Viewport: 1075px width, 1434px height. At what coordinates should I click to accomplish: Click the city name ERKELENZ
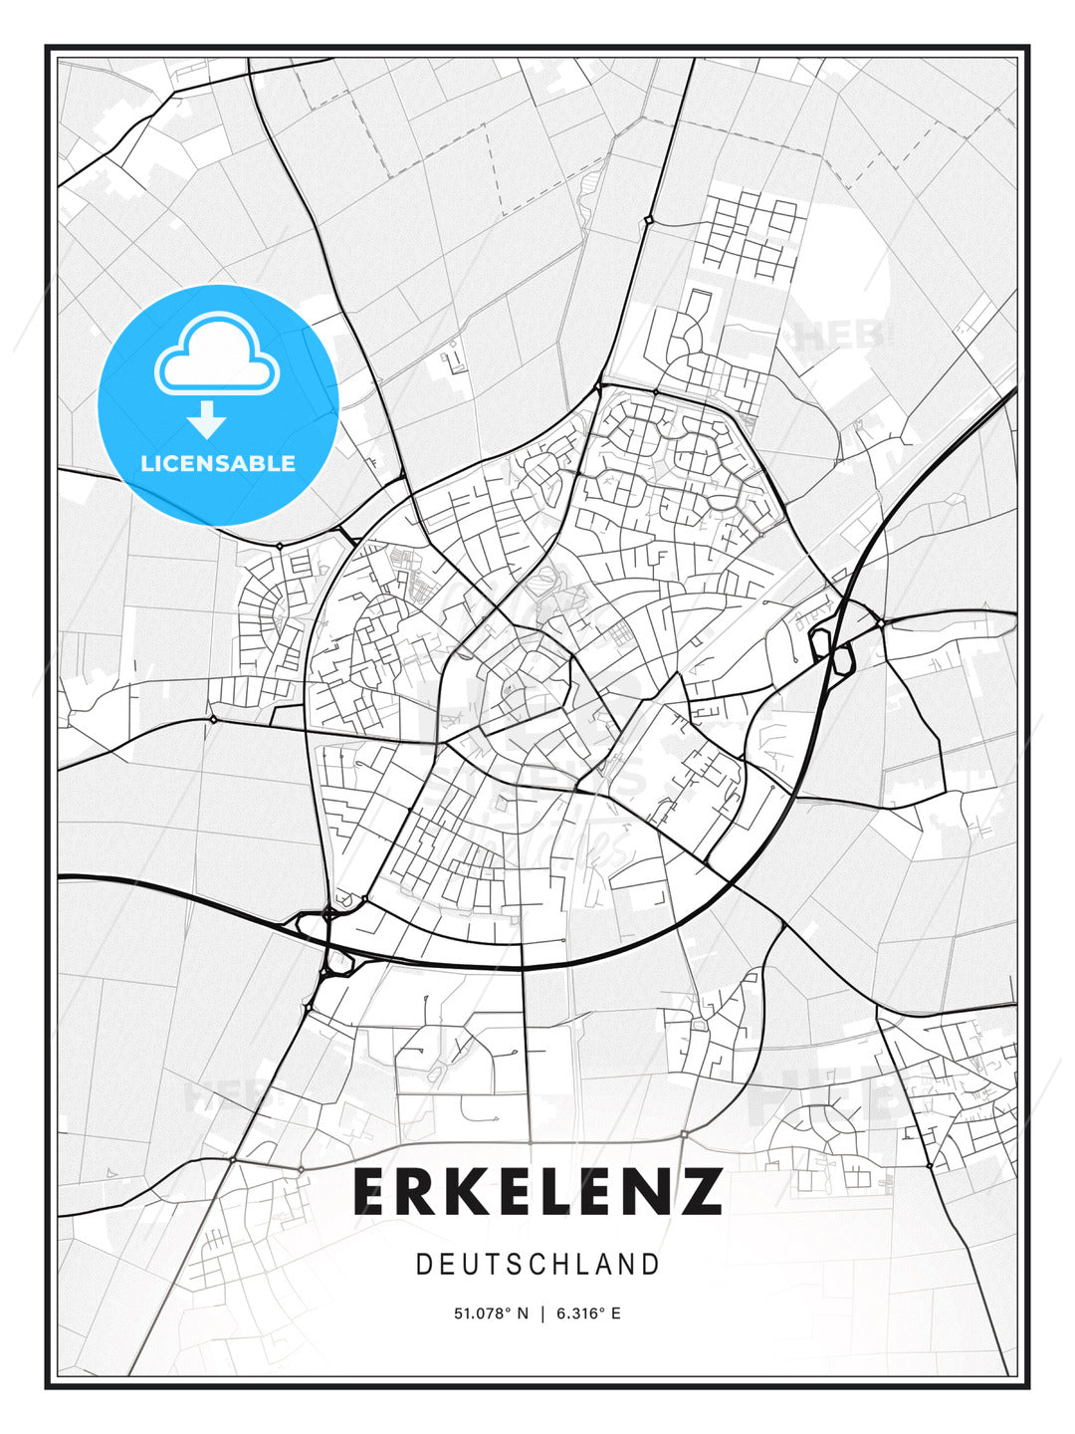click(537, 1192)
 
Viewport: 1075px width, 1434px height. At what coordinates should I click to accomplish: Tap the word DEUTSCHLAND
click(537, 1265)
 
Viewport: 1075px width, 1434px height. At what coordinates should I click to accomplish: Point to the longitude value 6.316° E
click(588, 1314)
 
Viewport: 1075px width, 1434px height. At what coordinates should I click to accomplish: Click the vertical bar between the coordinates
click(542, 1314)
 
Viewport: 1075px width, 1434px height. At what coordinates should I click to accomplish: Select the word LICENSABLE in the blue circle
click(218, 463)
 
